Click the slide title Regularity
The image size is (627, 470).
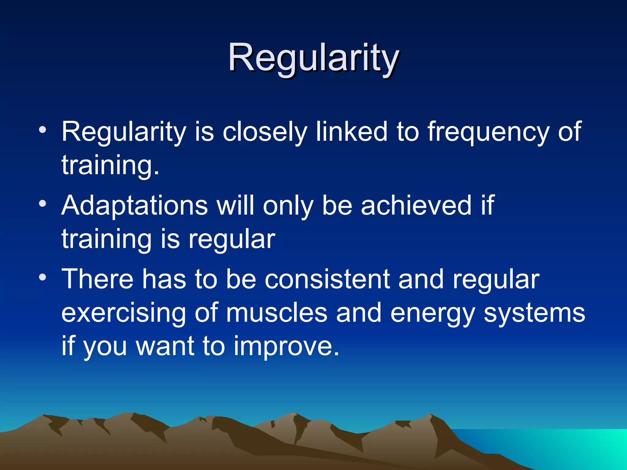click(x=313, y=58)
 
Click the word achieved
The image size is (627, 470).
click(x=416, y=206)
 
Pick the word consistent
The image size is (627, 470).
click(x=327, y=279)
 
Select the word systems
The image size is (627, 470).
click(x=534, y=313)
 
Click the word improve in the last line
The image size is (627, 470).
click(x=286, y=347)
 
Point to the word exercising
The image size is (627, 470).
click(x=124, y=313)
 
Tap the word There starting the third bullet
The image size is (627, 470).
click(x=98, y=279)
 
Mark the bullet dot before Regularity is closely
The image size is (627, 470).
click(x=43, y=130)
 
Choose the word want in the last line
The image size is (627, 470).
click(x=165, y=346)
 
